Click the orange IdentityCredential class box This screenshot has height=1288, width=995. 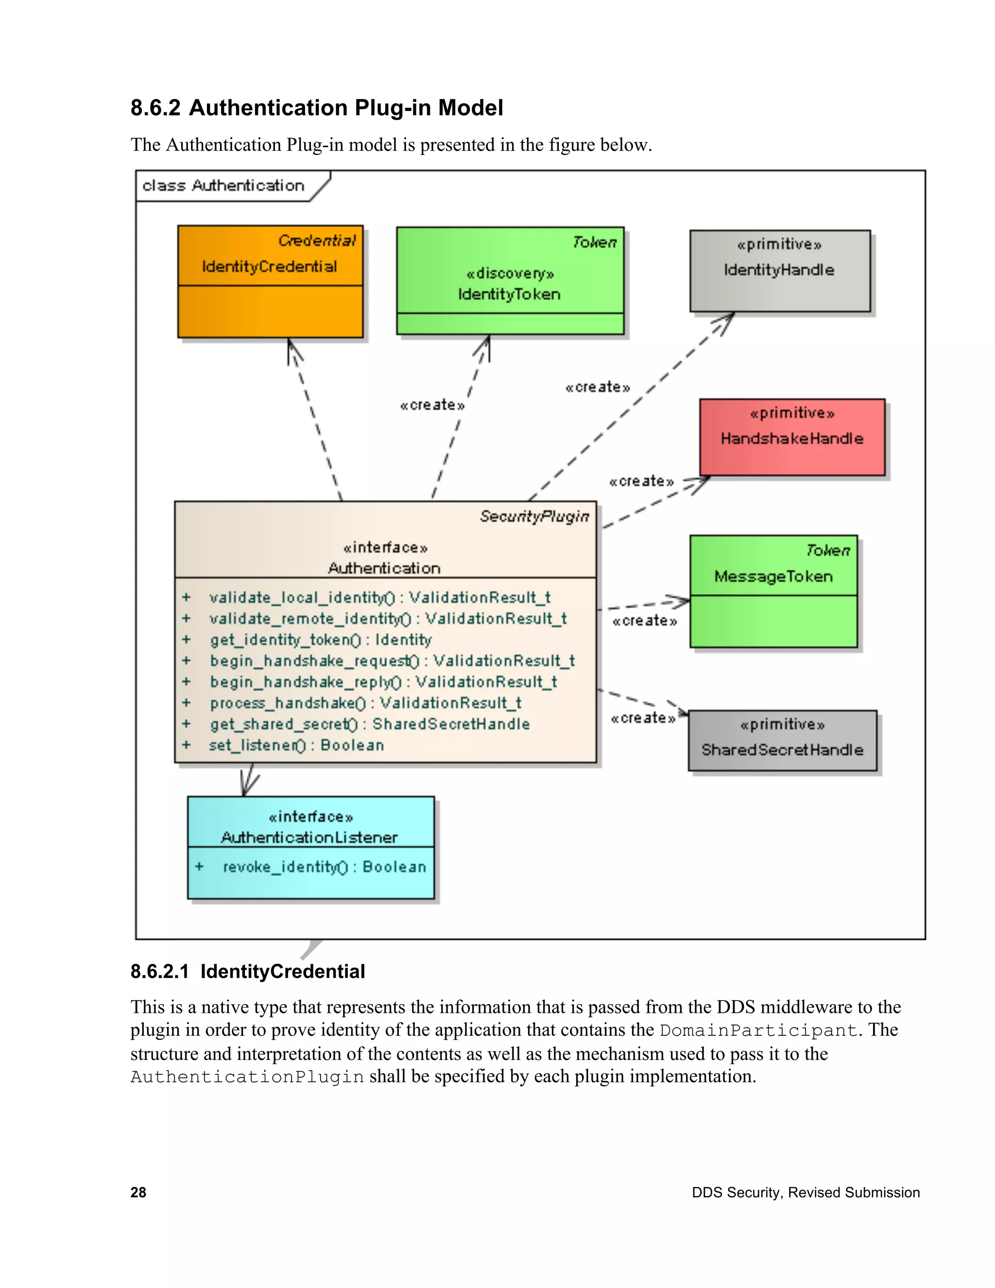pyautogui.click(x=270, y=281)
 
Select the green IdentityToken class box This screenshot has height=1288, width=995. pyautogui.click(x=510, y=281)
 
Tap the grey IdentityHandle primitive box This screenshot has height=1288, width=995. pyautogui.click(x=779, y=271)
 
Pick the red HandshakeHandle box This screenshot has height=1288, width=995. pyautogui.click(x=791, y=437)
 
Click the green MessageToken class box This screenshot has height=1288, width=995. pyautogui.click(x=773, y=591)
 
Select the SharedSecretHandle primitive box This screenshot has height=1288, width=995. pyautogui.click(x=782, y=740)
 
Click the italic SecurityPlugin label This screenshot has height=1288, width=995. pyautogui.click(x=534, y=517)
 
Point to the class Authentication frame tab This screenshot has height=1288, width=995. pyautogui.click(x=224, y=186)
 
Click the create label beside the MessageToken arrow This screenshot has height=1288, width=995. pyautogui.click(x=644, y=621)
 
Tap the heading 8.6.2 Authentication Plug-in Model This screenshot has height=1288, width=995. pyautogui.click(x=317, y=108)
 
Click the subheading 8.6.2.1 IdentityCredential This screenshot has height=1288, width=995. pyautogui.click(x=248, y=971)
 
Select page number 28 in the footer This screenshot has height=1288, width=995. pyautogui.click(x=138, y=1192)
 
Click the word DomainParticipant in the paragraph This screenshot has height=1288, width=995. pyautogui.click(x=757, y=1030)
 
